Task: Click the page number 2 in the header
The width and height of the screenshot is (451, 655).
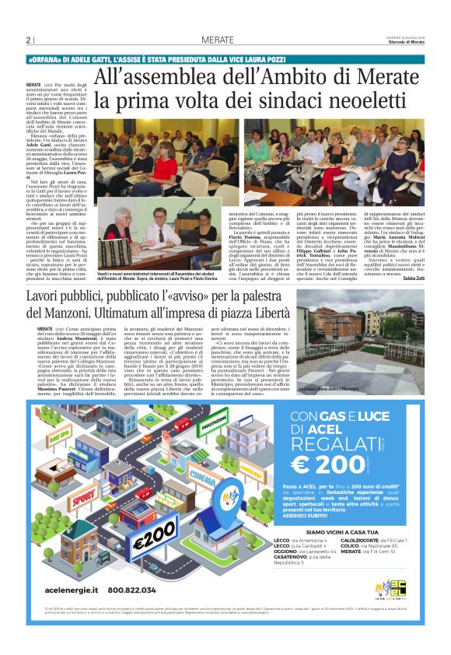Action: click(x=29, y=41)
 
